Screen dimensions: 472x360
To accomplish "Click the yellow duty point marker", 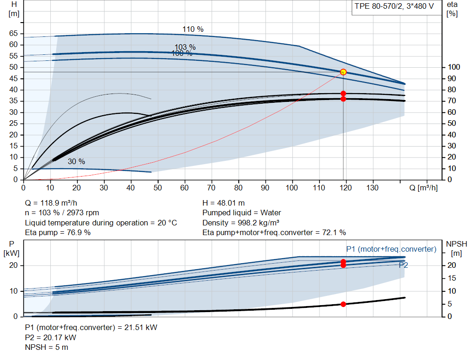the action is pyautogui.click(x=343, y=72).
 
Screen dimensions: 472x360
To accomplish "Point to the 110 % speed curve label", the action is pyautogui.click(x=193, y=29).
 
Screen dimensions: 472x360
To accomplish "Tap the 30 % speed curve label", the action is pyautogui.click(x=77, y=162).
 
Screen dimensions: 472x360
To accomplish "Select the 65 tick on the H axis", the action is pyautogui.click(x=13, y=33).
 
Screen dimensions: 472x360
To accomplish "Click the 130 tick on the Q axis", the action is pyautogui.click(x=372, y=188).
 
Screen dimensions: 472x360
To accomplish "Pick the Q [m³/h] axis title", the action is pyautogui.click(x=424, y=188).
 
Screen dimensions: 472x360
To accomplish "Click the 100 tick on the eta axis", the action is pyautogui.click(x=454, y=67).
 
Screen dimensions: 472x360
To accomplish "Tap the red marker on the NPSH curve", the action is pyautogui.click(x=343, y=304).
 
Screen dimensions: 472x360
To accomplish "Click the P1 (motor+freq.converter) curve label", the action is pyautogui.click(x=391, y=249).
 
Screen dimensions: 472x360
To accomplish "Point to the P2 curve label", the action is pyautogui.click(x=403, y=265).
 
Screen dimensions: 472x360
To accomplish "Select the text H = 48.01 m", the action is pyautogui.click(x=224, y=203).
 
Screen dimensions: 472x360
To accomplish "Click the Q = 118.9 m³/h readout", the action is pyautogui.click(x=51, y=203).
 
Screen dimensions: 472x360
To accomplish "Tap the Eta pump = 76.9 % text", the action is pyautogui.click(x=58, y=233).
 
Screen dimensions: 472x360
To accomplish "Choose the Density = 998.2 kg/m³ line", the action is pyautogui.click(x=241, y=223).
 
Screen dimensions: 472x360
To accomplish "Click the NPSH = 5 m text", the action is pyautogui.click(x=47, y=348).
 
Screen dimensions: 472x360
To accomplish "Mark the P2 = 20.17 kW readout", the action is pyautogui.click(x=51, y=337).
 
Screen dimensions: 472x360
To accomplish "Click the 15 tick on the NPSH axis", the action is pyautogui.click(x=452, y=278).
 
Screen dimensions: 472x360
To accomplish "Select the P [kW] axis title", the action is pyautogui.click(x=12, y=248).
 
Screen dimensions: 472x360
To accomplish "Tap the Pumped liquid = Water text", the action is pyautogui.click(x=242, y=213).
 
